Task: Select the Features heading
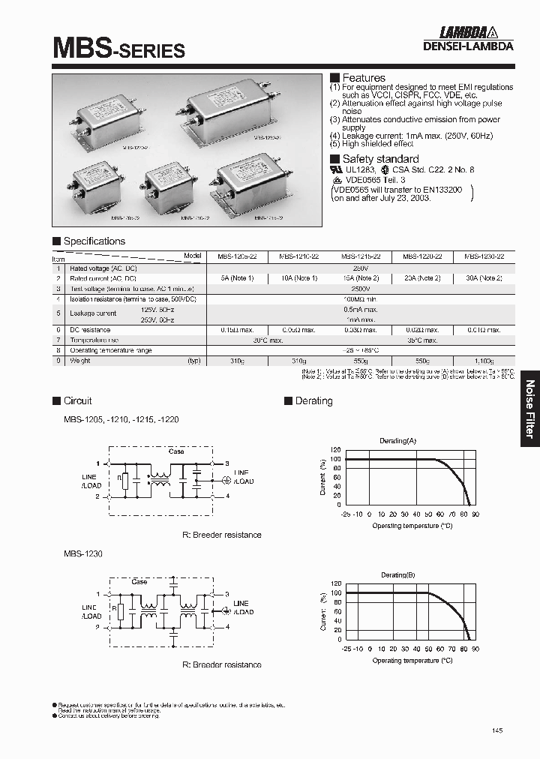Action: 363,78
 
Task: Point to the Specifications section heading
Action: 94,241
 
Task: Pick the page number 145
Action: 498,730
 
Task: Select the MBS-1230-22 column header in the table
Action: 484,256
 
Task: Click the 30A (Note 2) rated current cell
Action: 484,278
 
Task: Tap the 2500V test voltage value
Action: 360,289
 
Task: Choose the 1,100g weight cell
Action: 484,361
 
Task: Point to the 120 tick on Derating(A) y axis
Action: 335,450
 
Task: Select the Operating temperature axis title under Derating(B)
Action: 412,661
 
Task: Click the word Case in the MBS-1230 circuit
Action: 139,581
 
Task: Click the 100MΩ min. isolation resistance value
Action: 360,299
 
